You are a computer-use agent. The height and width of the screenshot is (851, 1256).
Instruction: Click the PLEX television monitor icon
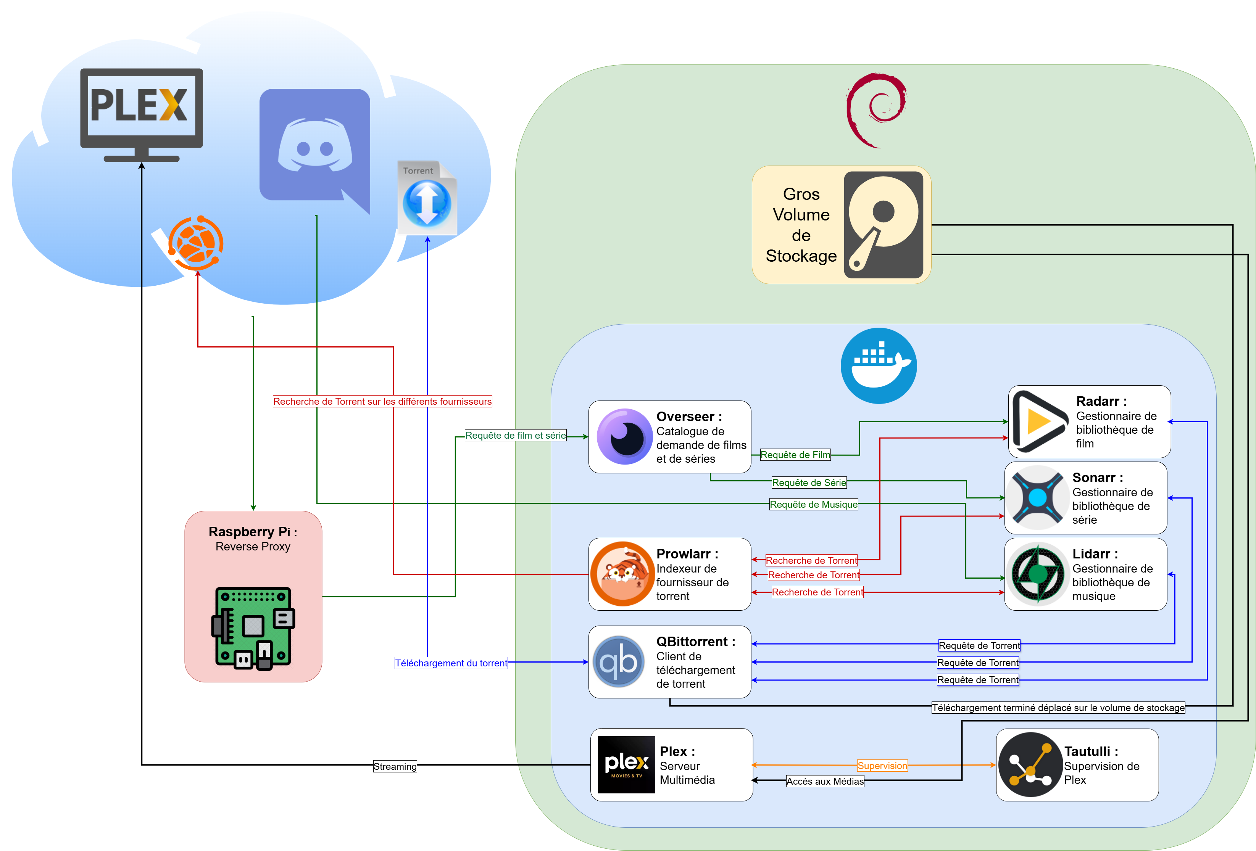(x=142, y=113)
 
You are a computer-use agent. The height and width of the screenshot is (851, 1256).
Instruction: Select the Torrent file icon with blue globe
(x=427, y=198)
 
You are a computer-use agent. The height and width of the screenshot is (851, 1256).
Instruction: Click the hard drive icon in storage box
(x=883, y=225)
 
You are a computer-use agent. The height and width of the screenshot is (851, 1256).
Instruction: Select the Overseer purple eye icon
(x=624, y=437)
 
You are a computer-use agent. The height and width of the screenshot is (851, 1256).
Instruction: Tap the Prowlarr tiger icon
(x=622, y=574)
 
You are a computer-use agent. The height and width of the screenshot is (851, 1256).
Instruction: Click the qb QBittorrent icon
(x=619, y=662)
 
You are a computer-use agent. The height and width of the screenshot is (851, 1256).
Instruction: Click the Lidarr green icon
(x=1037, y=574)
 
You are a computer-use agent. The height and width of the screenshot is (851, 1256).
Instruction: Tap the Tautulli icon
(x=1030, y=764)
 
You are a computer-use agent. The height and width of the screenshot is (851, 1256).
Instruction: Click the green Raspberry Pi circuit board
(x=253, y=628)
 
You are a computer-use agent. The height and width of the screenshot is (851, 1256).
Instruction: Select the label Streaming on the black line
(x=395, y=766)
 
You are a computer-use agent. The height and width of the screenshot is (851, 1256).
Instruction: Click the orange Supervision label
(x=882, y=766)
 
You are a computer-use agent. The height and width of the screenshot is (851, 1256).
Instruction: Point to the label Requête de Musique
(x=813, y=504)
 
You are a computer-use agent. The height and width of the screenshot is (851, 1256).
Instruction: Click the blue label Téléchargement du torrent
(x=451, y=663)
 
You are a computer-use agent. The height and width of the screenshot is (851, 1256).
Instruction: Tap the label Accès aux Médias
(x=825, y=781)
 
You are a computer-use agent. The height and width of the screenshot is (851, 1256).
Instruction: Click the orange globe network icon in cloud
(x=196, y=243)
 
